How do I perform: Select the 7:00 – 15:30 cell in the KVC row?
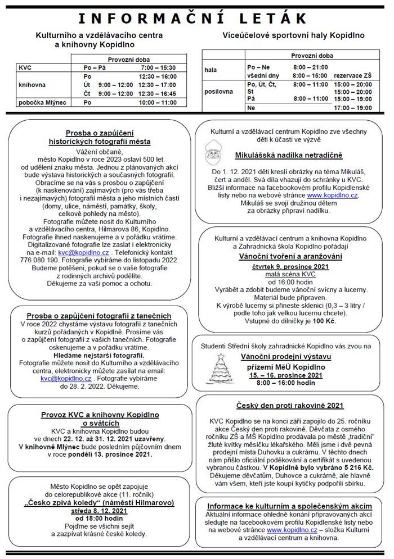(x=158, y=67)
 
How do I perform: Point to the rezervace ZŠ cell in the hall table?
(x=353, y=75)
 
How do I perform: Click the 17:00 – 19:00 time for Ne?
(x=353, y=107)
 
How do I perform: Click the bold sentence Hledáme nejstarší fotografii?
(x=98, y=355)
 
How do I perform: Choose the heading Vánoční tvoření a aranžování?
(x=289, y=256)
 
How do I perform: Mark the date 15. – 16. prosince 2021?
(x=289, y=374)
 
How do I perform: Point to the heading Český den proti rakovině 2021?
(x=289, y=406)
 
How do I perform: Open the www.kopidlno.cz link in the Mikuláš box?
(x=335, y=195)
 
